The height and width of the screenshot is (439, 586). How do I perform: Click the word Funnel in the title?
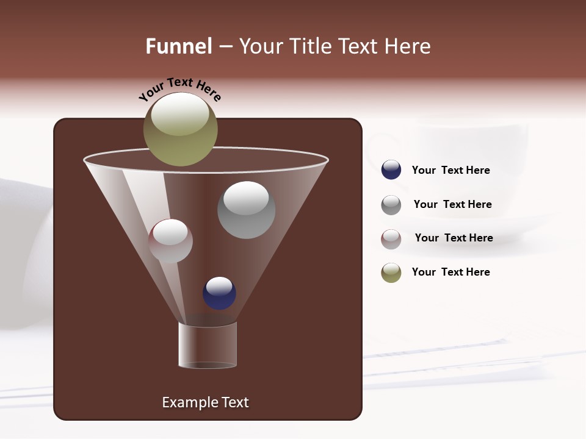[178, 46]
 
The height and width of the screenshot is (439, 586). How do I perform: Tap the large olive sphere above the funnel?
[181, 130]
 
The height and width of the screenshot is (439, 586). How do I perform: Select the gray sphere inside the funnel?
[246, 210]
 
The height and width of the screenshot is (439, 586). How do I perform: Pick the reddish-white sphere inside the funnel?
[170, 241]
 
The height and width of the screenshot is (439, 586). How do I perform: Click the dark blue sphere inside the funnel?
[219, 293]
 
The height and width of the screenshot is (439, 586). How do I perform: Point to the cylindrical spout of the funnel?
[208, 345]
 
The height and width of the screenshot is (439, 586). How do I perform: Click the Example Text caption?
[205, 402]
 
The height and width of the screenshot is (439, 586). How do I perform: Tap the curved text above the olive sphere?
[179, 88]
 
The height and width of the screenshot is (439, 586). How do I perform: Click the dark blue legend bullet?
[391, 170]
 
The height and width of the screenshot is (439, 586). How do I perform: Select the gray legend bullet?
[391, 205]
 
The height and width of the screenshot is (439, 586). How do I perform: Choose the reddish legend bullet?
[391, 239]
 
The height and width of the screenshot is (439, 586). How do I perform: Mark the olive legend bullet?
[391, 273]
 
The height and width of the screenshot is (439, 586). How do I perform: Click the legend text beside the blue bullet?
[450, 170]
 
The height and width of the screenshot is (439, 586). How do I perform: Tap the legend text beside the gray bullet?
[452, 204]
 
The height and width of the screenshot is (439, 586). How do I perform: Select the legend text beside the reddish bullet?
[454, 238]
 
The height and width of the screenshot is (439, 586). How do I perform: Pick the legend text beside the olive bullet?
[450, 272]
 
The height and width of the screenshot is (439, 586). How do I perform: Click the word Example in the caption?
[189, 402]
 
